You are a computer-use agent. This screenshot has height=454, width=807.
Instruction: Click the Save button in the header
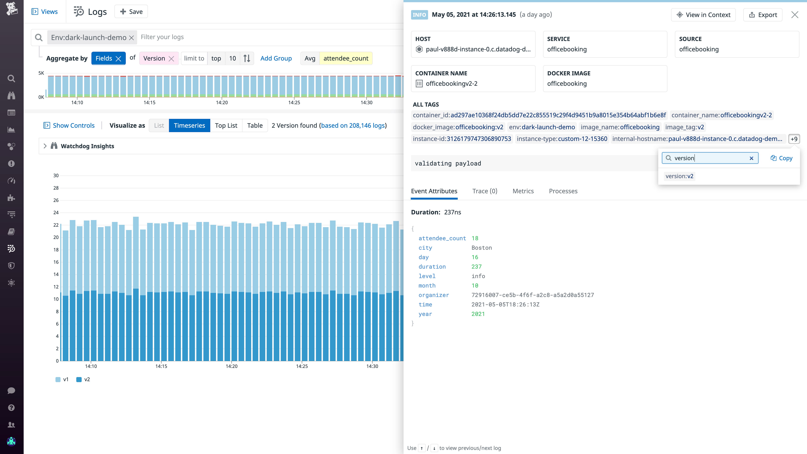(131, 12)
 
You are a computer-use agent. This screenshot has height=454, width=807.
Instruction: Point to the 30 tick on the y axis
(56, 175)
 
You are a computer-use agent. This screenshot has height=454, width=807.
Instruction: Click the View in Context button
(703, 15)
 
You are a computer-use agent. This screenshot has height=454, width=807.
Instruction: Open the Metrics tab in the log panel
(523, 191)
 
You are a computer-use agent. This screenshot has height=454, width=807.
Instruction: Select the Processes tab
(563, 191)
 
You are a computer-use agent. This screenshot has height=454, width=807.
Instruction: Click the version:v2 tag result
(679, 176)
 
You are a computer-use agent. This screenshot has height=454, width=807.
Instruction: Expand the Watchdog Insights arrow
(45, 146)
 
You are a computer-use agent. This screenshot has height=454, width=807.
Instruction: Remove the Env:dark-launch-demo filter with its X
(132, 38)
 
